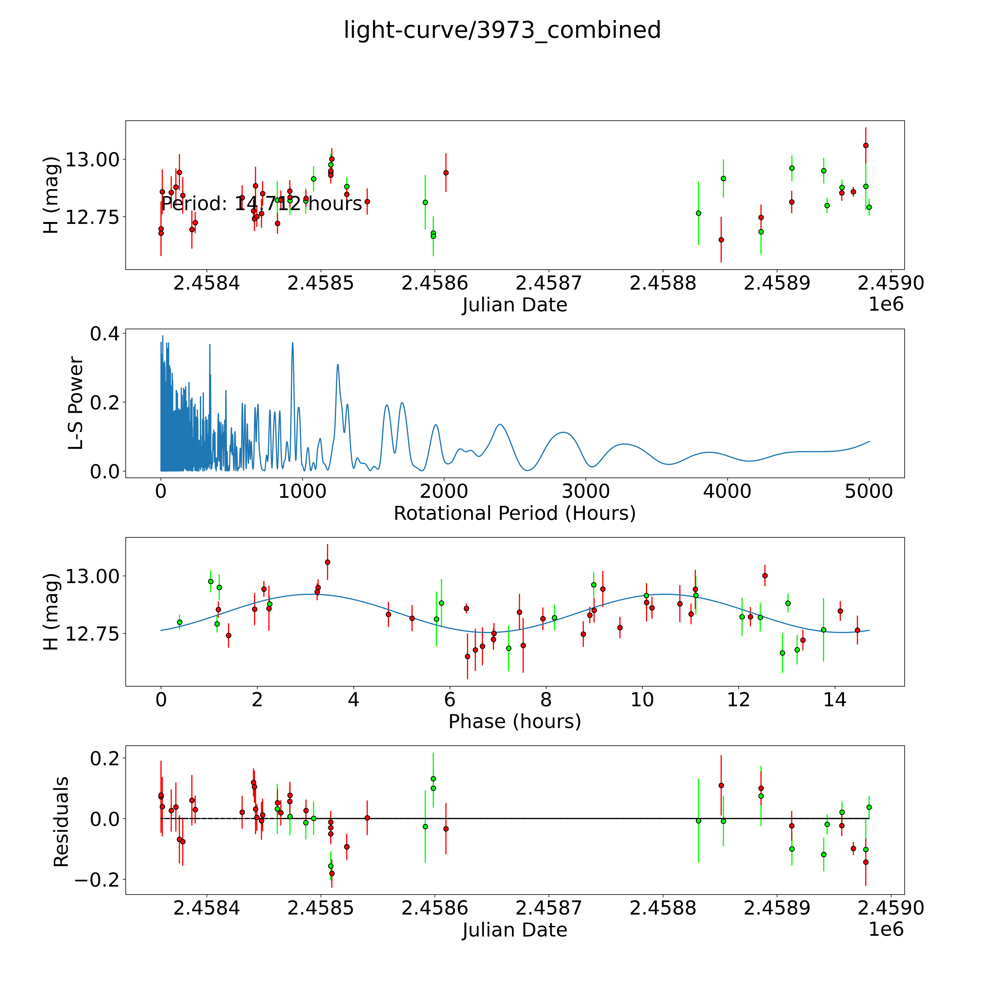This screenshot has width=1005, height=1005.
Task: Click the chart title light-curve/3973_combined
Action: (x=502, y=30)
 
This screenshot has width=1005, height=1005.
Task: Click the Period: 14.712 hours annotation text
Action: (x=261, y=203)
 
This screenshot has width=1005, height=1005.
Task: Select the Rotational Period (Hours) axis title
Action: (x=514, y=513)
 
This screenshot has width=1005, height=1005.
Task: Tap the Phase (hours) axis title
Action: (x=514, y=722)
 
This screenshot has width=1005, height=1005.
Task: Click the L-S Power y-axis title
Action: (x=76, y=403)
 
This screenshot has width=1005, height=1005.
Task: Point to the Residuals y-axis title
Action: (x=61, y=822)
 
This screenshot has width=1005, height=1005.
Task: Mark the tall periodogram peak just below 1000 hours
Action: (x=292, y=343)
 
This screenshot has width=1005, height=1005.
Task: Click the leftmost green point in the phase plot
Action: (x=179, y=622)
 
